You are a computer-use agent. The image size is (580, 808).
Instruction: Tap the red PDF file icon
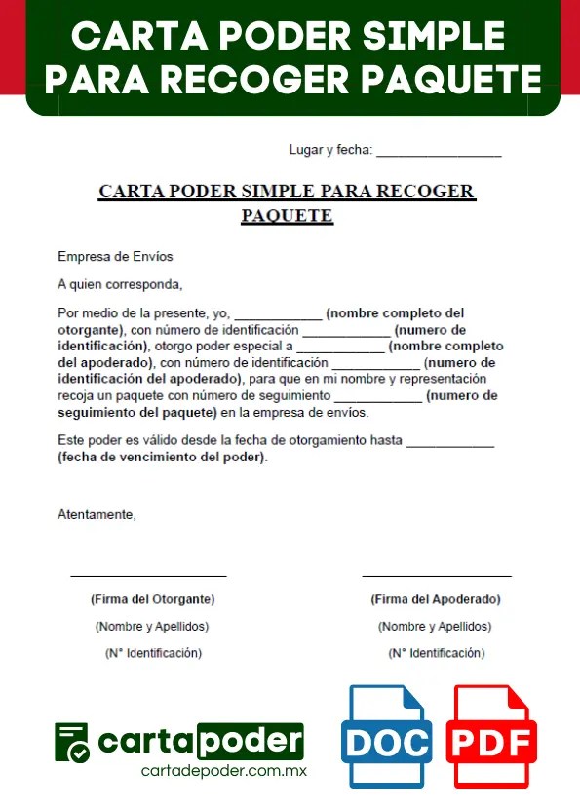pyautogui.click(x=491, y=737)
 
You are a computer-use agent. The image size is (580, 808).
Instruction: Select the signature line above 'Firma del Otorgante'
pyautogui.click(x=148, y=576)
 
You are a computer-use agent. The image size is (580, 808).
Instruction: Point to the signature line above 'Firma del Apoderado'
pyautogui.click(x=437, y=576)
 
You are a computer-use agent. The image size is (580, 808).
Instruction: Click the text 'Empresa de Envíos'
pyautogui.click(x=115, y=257)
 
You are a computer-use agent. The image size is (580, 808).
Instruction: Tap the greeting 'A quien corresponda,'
pyautogui.click(x=120, y=285)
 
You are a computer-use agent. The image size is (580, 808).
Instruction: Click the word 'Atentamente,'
pyautogui.click(x=97, y=514)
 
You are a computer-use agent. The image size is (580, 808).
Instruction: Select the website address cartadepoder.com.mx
pyautogui.click(x=224, y=770)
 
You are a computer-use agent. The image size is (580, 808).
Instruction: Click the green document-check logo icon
pyautogui.click(x=72, y=742)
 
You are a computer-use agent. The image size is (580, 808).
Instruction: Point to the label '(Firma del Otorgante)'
pyautogui.click(x=152, y=599)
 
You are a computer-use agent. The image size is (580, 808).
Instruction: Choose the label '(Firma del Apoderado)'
pyautogui.click(x=436, y=599)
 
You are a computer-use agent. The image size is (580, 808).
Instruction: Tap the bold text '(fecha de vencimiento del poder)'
pyautogui.click(x=161, y=457)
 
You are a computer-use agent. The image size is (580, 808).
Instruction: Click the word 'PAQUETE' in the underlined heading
pyautogui.click(x=287, y=216)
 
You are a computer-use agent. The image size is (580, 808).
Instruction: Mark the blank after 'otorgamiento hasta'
pyautogui.click(x=449, y=444)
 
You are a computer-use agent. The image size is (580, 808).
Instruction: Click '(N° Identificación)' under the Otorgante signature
pyautogui.click(x=153, y=653)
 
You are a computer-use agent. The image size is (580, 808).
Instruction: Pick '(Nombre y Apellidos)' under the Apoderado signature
pyautogui.click(x=435, y=627)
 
